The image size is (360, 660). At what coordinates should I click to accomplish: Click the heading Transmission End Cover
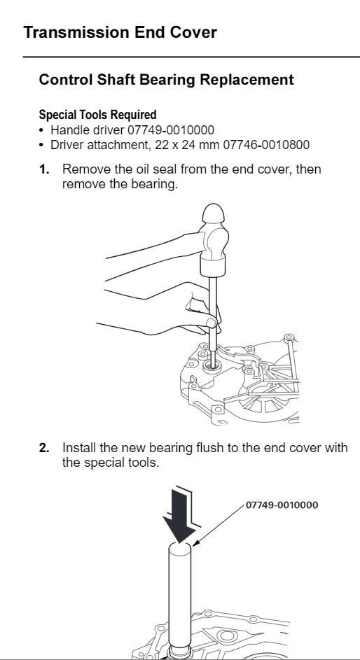(x=120, y=32)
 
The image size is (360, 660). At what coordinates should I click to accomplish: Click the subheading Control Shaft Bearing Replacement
(x=166, y=80)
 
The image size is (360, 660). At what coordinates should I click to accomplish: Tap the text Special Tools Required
(x=97, y=115)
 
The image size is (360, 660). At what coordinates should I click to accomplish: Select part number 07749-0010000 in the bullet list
(x=170, y=130)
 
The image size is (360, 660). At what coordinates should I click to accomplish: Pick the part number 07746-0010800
(x=266, y=145)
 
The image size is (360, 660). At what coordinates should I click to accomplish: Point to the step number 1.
(x=44, y=169)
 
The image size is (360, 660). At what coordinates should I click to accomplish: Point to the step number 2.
(x=44, y=448)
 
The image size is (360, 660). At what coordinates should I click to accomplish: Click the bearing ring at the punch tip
(x=212, y=366)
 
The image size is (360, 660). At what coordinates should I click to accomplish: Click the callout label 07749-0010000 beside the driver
(x=282, y=505)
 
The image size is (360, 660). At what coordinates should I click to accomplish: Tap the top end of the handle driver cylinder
(x=180, y=547)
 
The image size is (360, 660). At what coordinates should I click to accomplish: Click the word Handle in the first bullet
(x=66, y=130)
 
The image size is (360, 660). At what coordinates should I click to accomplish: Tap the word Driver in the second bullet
(x=64, y=145)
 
